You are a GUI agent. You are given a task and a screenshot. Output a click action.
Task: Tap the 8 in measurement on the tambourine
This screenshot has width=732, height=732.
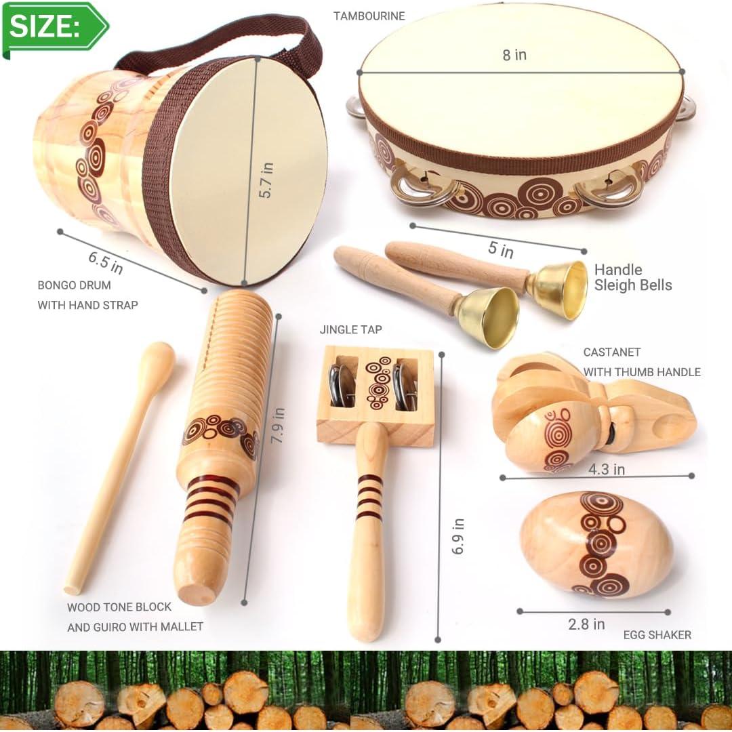[x=514, y=55]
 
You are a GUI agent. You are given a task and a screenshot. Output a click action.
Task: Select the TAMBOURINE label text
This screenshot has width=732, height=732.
[x=369, y=16]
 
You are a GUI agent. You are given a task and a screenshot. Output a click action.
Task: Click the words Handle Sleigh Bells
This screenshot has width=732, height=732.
[x=632, y=277]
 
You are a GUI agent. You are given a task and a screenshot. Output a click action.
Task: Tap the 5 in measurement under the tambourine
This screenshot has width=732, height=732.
[x=501, y=249]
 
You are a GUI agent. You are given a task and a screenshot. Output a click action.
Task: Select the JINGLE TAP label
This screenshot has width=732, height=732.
[x=351, y=330]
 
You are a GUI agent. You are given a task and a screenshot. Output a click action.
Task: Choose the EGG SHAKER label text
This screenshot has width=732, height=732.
[x=657, y=635]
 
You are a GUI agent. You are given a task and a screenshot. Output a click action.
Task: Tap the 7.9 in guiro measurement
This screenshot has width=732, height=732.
[x=277, y=425]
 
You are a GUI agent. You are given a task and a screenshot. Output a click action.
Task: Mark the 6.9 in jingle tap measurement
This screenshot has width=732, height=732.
[x=459, y=535]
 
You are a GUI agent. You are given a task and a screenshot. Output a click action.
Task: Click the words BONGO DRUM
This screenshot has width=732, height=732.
[x=74, y=285]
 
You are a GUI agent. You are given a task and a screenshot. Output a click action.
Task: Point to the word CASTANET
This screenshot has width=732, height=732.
[x=611, y=352]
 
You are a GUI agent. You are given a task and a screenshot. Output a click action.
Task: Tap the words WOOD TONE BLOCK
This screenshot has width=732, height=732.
[x=119, y=607]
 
